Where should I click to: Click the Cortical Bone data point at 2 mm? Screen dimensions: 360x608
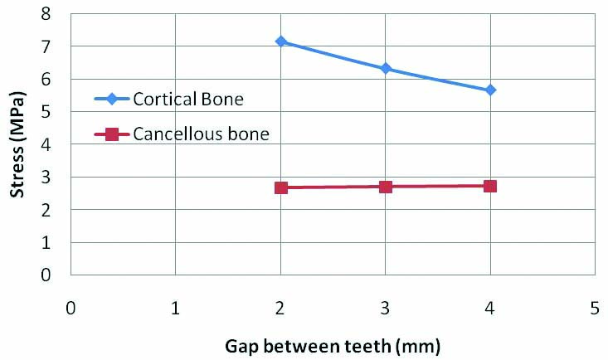tap(281, 41)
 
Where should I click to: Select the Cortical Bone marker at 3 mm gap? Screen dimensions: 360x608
tap(386, 68)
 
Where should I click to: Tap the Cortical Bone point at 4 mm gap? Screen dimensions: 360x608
tap(490, 90)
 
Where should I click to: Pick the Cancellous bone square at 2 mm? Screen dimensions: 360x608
tap(281, 187)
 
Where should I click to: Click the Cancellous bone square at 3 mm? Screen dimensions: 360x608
tap(386, 187)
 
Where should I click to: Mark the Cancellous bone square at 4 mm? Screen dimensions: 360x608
tap(490, 186)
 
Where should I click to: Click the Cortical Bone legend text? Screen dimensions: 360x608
tap(188, 99)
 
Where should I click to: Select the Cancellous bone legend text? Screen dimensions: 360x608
tap(200, 133)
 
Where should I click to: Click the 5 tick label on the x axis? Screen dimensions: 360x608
tap(595, 308)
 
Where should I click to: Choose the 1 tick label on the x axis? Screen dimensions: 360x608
tap(176, 308)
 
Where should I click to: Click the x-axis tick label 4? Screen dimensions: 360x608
tap(490, 308)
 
